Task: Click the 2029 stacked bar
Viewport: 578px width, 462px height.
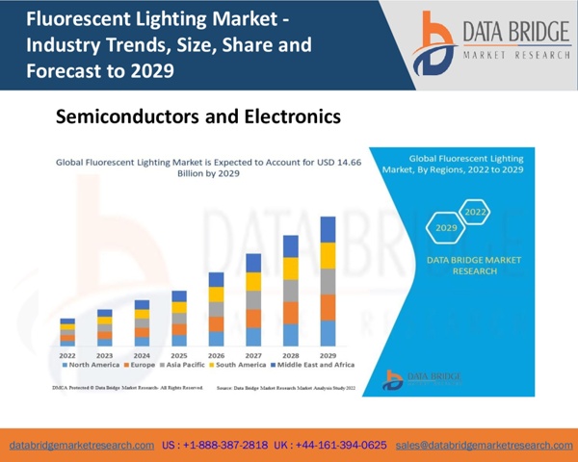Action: [x=328, y=281]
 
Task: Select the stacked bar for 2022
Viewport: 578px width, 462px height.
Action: [x=67, y=332]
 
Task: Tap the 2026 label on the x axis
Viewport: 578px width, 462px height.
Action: [x=216, y=355]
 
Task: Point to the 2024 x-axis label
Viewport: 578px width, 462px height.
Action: [x=142, y=355]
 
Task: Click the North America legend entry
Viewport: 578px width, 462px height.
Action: [x=90, y=366]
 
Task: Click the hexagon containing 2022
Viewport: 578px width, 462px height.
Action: [x=475, y=211]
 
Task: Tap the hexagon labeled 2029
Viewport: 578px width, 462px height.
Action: [x=446, y=229]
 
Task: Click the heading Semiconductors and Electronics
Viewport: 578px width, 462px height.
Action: [x=198, y=117]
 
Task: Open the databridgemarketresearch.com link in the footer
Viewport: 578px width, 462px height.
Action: [x=82, y=446]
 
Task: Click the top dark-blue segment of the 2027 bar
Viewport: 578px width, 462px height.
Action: [x=253, y=263]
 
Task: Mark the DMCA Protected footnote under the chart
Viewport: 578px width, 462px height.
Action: [x=126, y=386]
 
